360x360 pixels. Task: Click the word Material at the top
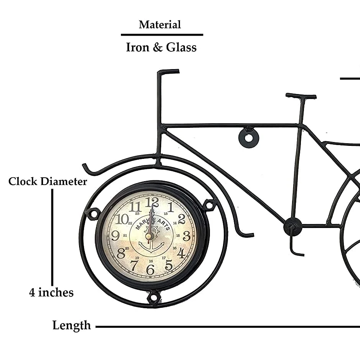(160, 25)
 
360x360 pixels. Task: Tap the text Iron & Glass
(161, 48)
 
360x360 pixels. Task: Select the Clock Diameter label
(48, 181)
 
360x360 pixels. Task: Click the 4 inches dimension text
(51, 293)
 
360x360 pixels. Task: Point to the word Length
(72, 325)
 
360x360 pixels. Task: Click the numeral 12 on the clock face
(152, 201)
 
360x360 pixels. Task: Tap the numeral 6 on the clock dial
(150, 270)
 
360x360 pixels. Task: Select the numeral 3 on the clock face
(187, 236)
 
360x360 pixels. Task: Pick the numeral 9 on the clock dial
(115, 235)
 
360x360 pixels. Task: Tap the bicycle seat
(301, 96)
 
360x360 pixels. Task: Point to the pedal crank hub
(292, 226)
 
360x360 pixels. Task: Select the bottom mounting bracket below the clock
(154, 297)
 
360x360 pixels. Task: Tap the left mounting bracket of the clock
(92, 213)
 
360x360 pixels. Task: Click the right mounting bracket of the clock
(210, 205)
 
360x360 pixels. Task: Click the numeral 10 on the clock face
(122, 219)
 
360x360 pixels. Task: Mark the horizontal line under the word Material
(162, 35)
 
